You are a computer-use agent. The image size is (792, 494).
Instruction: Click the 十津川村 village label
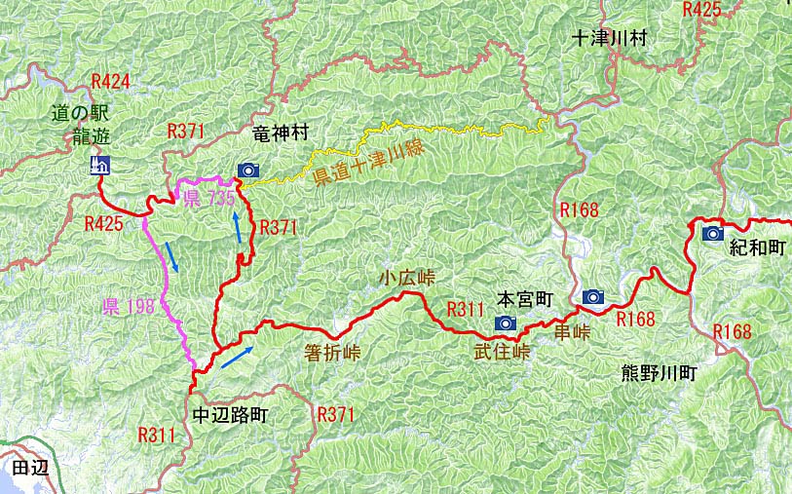(610, 40)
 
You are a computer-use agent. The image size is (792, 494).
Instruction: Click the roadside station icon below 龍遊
(99, 165)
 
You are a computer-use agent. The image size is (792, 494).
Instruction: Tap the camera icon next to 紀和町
(712, 234)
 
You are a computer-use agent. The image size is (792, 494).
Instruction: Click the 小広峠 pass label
(407, 278)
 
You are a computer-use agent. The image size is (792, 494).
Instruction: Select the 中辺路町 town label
(230, 414)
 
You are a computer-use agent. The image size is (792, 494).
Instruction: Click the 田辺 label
(29, 468)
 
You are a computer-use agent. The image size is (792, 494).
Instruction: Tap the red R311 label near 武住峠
(465, 310)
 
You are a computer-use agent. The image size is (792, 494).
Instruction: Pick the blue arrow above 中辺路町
(237, 357)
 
